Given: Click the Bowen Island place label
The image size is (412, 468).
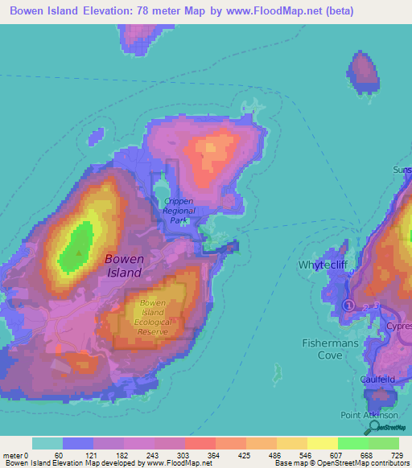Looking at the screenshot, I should tap(125, 265).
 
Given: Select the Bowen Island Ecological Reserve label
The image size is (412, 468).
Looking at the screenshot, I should tap(153, 317).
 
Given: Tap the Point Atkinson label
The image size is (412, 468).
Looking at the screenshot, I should tap(369, 414).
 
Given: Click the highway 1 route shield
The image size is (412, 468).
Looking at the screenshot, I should tap(348, 305).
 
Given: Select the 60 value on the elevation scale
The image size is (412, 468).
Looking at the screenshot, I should tap(59, 455).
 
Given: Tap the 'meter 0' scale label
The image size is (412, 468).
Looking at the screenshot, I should tap(15, 455).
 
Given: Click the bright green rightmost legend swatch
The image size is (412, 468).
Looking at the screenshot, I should tap(384, 443).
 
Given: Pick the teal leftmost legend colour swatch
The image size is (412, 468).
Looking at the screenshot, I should tap(47, 443).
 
